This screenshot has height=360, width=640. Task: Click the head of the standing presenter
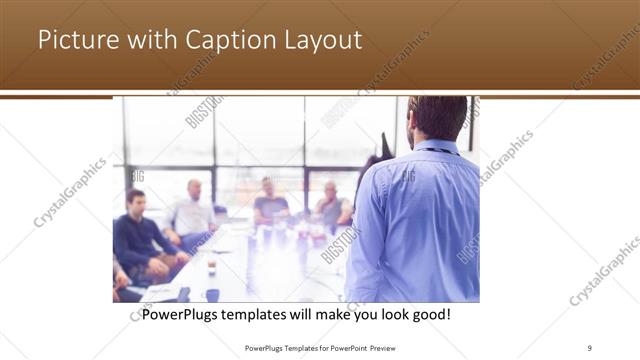(x=437, y=117)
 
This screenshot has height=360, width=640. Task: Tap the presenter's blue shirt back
(x=420, y=220)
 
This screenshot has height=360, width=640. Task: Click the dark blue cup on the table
(x=212, y=294)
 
